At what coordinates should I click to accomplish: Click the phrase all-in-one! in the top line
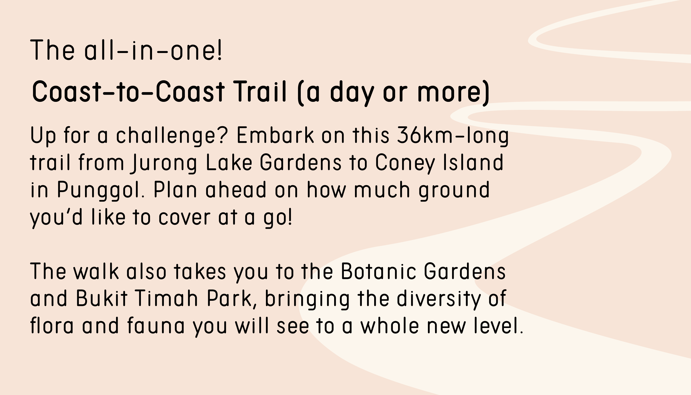153,50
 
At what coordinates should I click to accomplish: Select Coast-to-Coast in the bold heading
128,91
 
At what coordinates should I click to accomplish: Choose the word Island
473,162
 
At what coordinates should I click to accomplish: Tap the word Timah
166,298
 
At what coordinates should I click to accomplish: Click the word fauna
156,325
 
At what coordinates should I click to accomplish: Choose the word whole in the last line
390,325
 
